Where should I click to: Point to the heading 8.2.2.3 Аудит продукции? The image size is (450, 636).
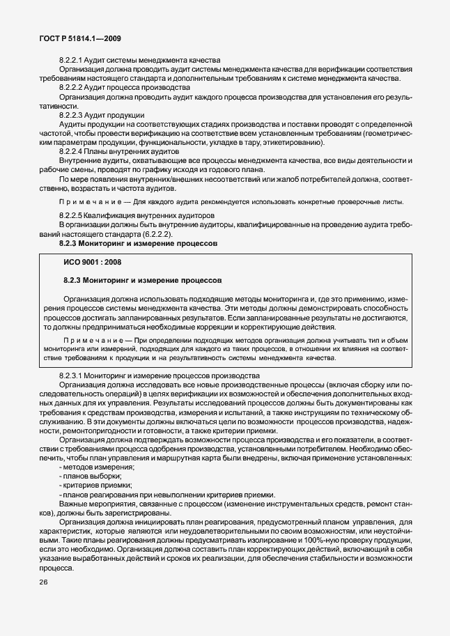[102, 114]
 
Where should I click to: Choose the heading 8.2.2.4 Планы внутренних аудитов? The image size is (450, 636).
[120, 150]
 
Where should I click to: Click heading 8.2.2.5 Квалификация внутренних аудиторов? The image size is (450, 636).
[137, 216]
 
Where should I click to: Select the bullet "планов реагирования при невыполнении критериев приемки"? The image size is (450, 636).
[163, 494]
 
